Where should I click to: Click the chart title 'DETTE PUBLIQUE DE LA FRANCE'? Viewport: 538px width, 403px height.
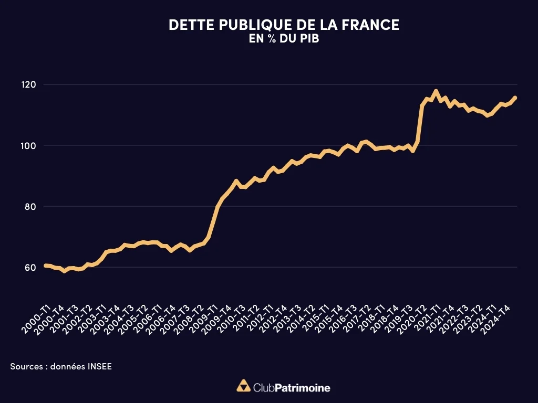284,25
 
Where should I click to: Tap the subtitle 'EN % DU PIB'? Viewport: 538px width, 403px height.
284,38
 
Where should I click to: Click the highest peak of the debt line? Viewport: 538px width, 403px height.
436,91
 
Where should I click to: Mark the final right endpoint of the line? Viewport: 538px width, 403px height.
515,97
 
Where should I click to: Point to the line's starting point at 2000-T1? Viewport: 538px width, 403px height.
45,266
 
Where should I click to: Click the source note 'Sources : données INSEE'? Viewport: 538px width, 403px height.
61,366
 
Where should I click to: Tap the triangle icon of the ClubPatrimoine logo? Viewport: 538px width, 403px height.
243,386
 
